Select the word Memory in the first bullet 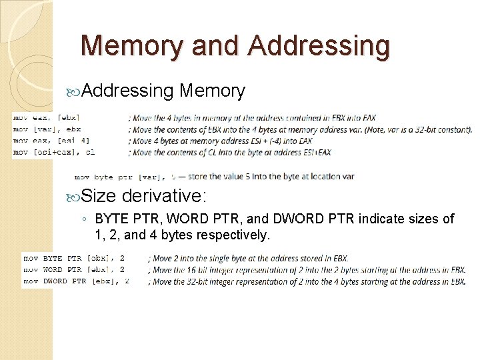tap(213, 91)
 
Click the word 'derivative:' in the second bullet tap(165, 196)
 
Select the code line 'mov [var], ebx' tap(47, 129)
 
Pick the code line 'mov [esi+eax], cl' tap(53, 152)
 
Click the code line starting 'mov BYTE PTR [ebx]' tap(74, 258)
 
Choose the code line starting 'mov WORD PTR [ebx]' tap(74, 270)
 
